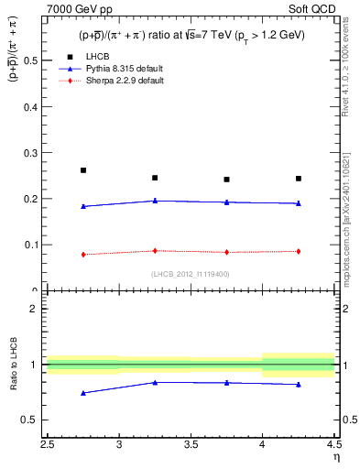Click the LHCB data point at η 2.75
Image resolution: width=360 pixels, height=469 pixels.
(x=83, y=170)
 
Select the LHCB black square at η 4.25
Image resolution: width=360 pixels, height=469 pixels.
(x=299, y=179)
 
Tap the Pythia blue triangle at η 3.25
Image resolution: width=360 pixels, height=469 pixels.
(x=155, y=201)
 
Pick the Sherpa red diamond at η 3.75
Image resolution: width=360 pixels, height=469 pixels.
(x=227, y=252)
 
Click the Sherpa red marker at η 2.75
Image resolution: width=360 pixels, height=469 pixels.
(x=83, y=255)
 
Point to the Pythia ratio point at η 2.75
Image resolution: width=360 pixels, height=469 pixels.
(x=83, y=393)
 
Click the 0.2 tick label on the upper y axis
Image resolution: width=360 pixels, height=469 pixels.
(x=34, y=199)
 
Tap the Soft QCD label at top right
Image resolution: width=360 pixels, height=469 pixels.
(x=314, y=9)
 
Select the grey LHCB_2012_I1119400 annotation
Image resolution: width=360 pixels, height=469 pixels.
(x=191, y=273)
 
